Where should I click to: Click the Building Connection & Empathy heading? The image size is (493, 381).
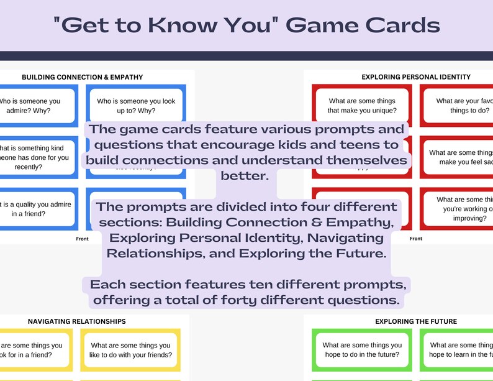click(83, 77)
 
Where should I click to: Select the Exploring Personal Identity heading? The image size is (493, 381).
click(416, 77)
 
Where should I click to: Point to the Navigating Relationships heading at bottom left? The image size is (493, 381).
click(77, 321)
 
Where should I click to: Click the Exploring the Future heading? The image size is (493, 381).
click(416, 321)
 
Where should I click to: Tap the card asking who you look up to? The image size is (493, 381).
click(135, 105)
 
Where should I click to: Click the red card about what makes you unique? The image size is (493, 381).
click(362, 105)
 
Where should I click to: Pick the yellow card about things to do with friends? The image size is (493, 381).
click(130, 351)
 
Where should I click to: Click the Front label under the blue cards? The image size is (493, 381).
click(83, 239)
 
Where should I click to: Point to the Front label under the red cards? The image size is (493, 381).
click(416, 239)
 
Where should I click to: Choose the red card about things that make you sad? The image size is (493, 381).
click(459, 157)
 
